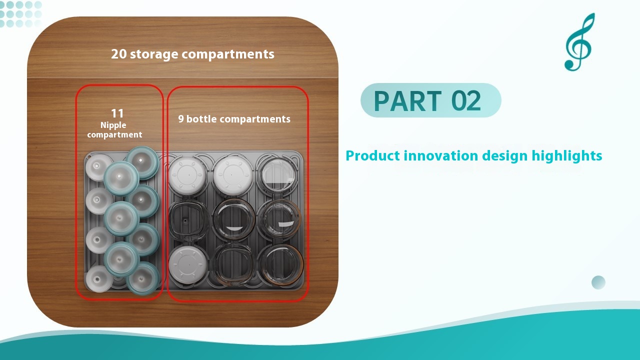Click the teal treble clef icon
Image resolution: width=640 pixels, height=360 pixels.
pos(579,42)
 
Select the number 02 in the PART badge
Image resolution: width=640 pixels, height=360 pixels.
pos(466,101)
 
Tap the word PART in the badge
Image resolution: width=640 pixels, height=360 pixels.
pos(407,101)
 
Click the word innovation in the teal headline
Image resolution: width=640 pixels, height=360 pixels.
pos(440,156)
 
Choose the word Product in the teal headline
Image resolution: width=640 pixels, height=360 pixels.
pos(372,156)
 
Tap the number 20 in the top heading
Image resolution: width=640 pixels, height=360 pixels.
pos(119,54)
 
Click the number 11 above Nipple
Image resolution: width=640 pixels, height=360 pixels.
pos(117,113)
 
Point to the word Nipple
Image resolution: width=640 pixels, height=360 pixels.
pos(113,125)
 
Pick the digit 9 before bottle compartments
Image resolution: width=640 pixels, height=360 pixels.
pos(181,119)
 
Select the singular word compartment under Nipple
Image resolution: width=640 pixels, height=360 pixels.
pos(114,134)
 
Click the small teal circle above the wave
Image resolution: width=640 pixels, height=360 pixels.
pos(598,282)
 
